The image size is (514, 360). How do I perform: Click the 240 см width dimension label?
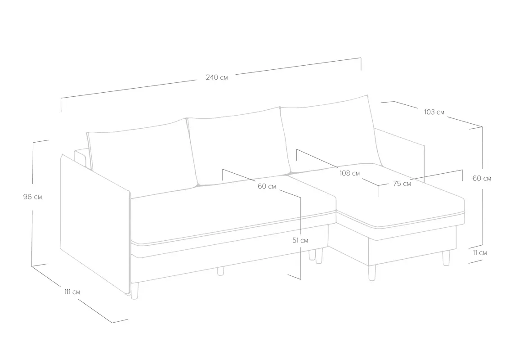217,77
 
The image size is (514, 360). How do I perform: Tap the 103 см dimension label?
434,112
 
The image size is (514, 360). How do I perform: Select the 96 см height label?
32,197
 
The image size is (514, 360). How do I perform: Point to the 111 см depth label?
72,292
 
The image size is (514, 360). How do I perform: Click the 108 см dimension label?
349,173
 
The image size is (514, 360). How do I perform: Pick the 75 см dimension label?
402,184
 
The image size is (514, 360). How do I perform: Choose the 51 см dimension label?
300,240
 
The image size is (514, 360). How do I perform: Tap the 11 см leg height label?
479,253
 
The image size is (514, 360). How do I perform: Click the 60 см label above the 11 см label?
482,178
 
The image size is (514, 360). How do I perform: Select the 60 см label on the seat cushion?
267,186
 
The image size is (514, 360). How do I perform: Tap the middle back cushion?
238,146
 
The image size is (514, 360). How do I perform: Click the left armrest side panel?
95,223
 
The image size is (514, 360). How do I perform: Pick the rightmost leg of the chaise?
446,258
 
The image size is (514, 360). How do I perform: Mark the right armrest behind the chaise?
400,154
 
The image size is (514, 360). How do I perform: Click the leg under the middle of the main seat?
221,271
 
